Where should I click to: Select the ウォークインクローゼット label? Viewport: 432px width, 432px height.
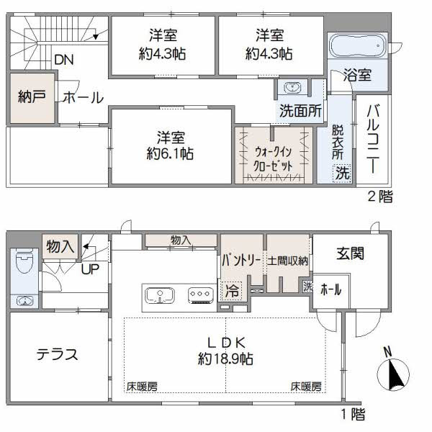[274, 158]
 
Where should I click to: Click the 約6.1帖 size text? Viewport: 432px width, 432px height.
[171, 153]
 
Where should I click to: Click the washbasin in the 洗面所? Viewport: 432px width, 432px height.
[292, 88]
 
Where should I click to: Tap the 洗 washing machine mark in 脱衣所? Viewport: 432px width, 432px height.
[343, 173]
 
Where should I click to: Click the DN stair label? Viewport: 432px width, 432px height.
[63, 60]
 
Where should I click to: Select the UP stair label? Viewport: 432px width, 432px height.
[91, 269]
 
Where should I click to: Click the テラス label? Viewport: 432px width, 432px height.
[58, 355]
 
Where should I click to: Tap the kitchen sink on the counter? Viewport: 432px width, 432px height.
[160, 295]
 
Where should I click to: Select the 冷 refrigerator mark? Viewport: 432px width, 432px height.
[232, 291]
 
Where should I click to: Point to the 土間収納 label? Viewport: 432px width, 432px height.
[288, 261]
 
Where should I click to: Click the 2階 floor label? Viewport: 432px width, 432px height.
[380, 197]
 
